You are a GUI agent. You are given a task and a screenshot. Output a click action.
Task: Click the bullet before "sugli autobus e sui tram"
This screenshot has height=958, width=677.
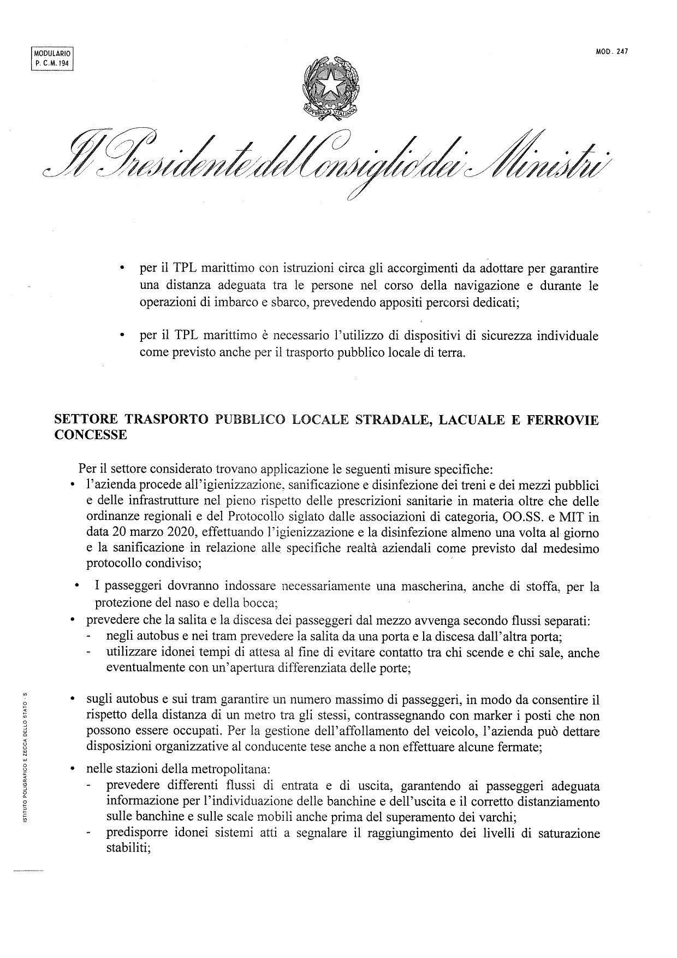(72, 700)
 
